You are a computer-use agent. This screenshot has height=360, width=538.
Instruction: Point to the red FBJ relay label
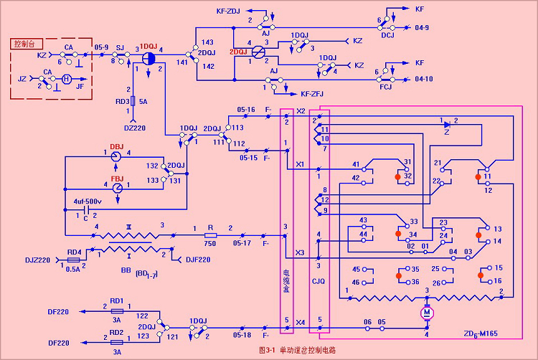click(116, 178)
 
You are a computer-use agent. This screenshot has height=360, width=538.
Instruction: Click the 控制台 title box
click(27, 44)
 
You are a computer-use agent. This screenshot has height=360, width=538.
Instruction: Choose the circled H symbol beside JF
click(66, 79)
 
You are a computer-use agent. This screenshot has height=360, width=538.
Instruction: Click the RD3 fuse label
click(124, 101)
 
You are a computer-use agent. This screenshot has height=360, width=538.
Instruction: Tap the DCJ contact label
click(387, 34)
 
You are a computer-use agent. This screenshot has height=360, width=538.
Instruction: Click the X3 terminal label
click(300, 252)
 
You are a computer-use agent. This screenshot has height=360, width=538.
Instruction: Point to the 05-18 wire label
click(243, 334)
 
